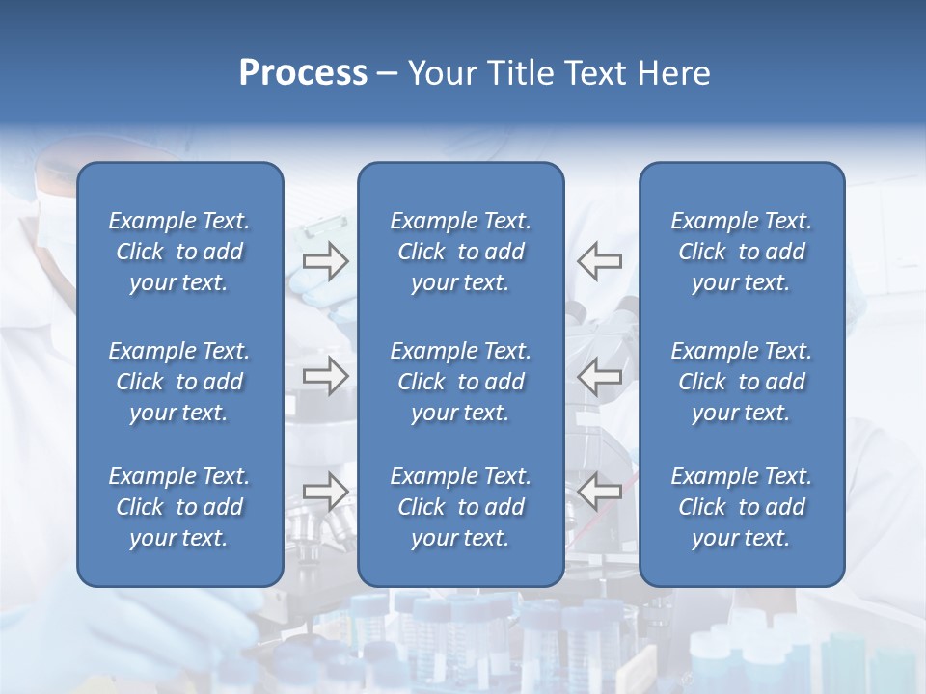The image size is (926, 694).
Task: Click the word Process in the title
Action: pos(303,73)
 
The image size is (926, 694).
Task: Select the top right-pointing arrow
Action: pos(326,261)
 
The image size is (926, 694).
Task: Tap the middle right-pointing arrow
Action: pos(326,376)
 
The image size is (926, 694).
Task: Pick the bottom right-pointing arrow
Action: pos(326,492)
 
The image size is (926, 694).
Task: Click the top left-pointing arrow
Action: pos(599,261)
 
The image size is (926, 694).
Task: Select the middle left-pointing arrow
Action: pos(599,376)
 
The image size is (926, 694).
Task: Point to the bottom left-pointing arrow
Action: pos(599,492)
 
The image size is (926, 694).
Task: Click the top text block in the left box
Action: pos(179,252)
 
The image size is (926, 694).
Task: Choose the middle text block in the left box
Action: pos(179,382)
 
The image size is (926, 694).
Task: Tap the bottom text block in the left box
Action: pos(179,507)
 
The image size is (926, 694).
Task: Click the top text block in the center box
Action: pos(460,252)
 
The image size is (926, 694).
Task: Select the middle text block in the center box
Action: pos(460,382)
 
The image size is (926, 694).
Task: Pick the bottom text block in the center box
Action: pos(460,507)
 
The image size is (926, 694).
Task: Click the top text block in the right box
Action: pos(742,252)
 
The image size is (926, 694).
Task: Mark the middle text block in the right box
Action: pos(742,382)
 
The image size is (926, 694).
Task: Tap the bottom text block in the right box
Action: pos(742,507)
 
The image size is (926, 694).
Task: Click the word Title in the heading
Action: pos(519,73)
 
